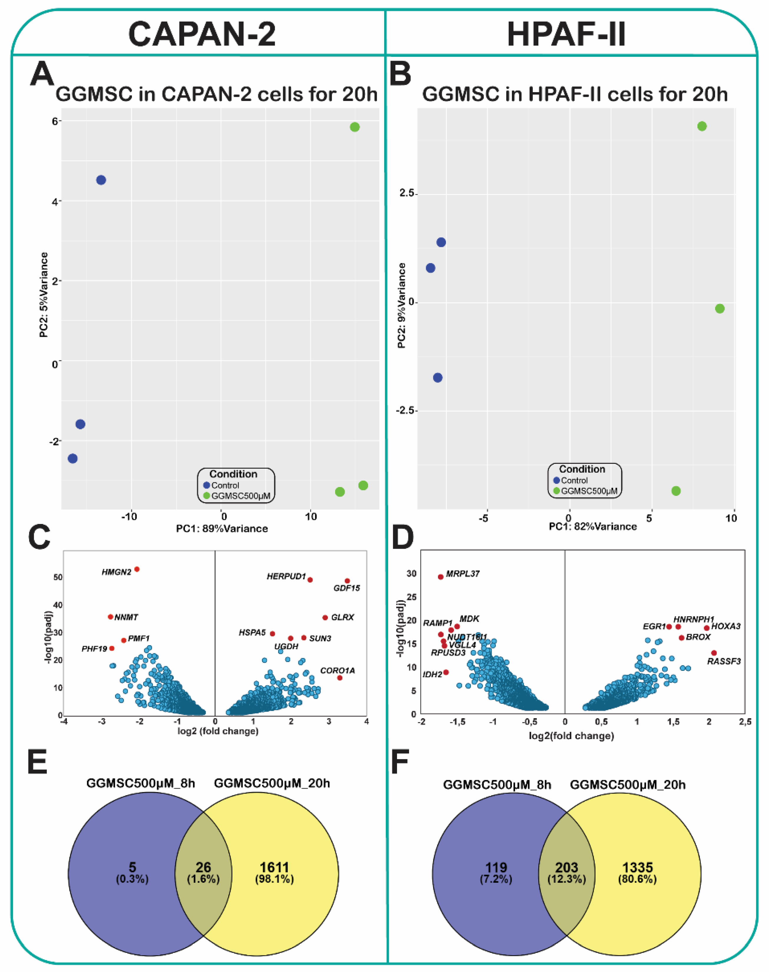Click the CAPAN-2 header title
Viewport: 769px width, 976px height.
[202, 34]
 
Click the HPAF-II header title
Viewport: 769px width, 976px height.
[566, 34]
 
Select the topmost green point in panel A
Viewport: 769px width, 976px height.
[355, 127]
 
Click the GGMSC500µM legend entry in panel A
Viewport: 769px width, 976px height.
[240, 496]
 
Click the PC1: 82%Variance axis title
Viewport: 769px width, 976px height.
[593, 527]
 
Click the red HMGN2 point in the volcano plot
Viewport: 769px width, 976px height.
[137, 569]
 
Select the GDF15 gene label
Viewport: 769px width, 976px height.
[347, 588]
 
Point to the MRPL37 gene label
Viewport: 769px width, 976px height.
[462, 574]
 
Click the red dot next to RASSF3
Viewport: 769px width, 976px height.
[714, 653]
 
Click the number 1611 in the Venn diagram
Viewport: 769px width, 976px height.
[274, 867]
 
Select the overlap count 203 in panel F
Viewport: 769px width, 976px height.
[566, 867]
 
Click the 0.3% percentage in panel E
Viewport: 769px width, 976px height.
[132, 879]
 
